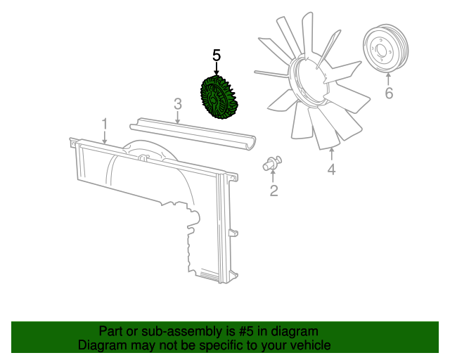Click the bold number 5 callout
click(x=217, y=56)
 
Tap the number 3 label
click(x=178, y=104)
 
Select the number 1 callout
click(x=105, y=124)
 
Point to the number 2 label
click(x=274, y=191)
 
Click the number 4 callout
click(x=331, y=169)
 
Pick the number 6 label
click(x=389, y=93)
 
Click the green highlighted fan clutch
click(x=217, y=98)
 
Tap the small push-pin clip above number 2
click(x=272, y=164)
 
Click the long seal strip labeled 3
click(x=193, y=134)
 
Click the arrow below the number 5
click(x=217, y=70)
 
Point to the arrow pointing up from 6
click(x=388, y=79)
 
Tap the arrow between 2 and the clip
click(x=273, y=176)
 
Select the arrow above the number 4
click(x=332, y=153)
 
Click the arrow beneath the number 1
click(x=105, y=137)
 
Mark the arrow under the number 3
click(x=178, y=117)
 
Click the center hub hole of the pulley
click(x=381, y=51)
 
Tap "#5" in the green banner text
click(x=245, y=331)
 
